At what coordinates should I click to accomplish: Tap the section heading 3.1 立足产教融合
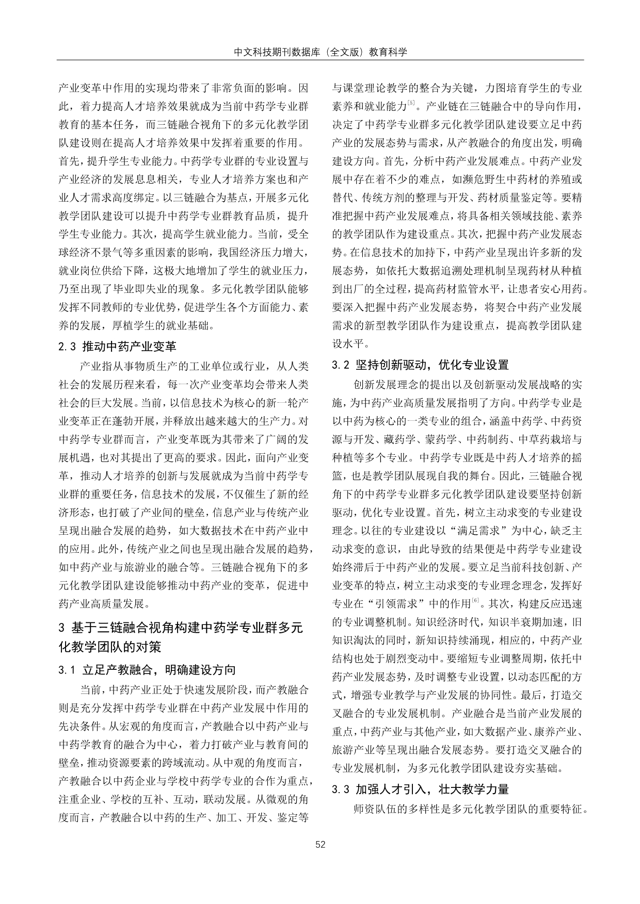[x=147, y=670]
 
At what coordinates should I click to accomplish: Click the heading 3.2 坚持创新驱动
[x=420, y=365]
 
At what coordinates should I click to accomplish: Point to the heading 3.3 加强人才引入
[x=420, y=789]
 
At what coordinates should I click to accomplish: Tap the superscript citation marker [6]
[x=475, y=600]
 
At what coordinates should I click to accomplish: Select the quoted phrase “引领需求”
[x=396, y=603]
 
